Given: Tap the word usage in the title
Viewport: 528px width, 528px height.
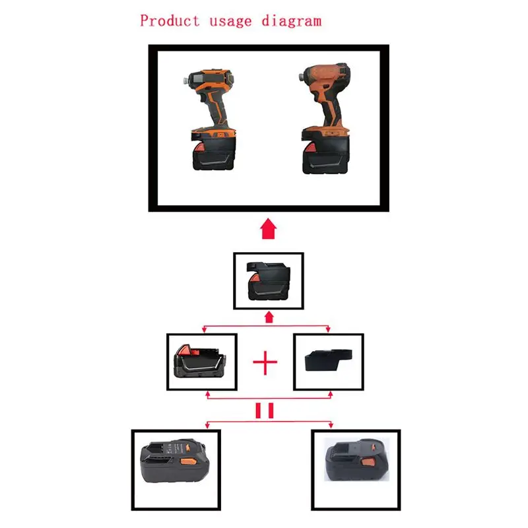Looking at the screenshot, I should point(230,20).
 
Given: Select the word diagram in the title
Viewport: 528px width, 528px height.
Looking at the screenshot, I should point(291,20).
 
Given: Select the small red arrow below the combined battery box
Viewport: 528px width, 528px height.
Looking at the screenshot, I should point(268,317).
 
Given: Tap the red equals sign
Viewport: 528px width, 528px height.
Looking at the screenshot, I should point(265,411).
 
